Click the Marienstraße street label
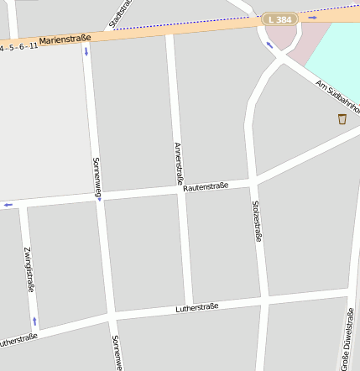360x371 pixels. pos(65,38)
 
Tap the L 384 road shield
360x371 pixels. pos(279,18)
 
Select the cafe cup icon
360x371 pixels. pos(342,119)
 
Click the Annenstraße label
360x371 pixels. pos(178,163)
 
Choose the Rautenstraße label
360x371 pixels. pos(206,186)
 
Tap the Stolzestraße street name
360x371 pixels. pos(257,221)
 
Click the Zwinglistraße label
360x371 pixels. pos(29,269)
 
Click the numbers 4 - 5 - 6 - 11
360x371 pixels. pos(18,47)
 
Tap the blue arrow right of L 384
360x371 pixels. pos(312,16)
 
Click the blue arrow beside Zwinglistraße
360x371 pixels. pos(34,321)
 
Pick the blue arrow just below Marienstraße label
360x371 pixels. pos(85,52)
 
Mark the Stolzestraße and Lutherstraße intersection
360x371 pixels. pos(263,300)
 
